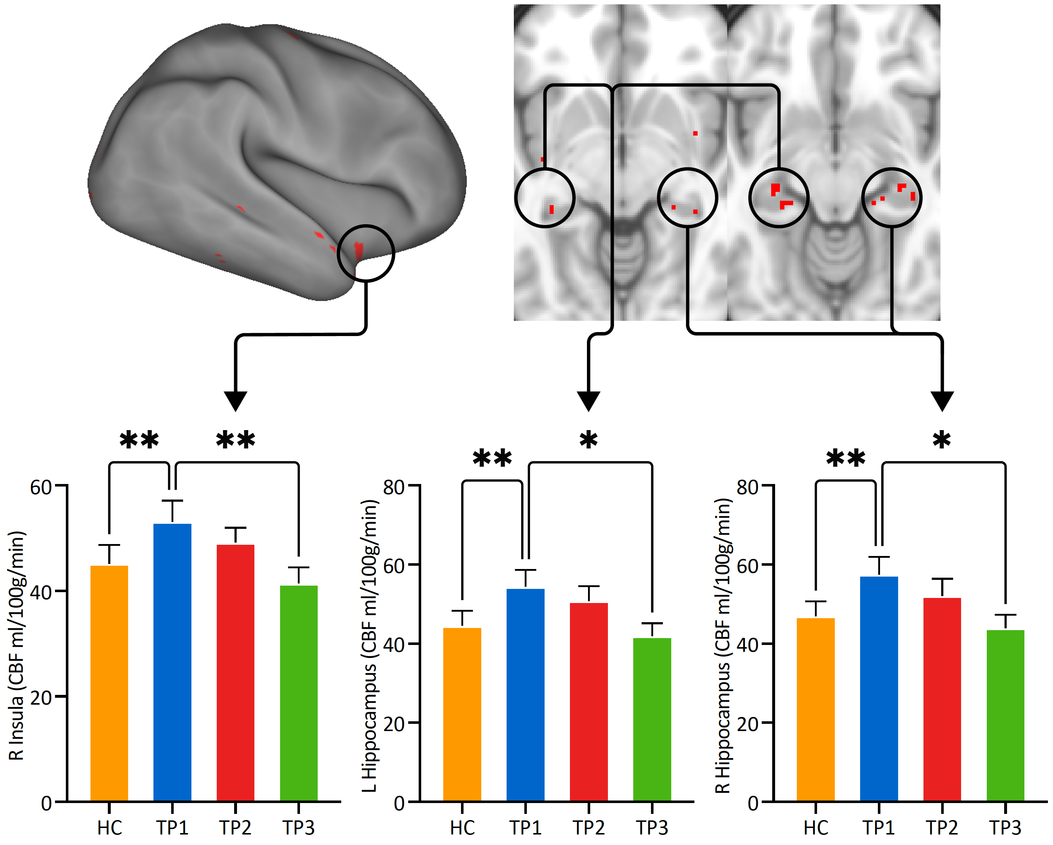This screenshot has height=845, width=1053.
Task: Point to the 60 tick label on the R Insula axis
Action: tap(41, 488)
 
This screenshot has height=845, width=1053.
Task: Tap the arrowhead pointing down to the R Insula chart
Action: tap(236, 400)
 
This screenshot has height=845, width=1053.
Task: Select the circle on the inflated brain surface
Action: tap(366, 253)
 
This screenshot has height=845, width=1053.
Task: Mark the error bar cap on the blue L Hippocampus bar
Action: tap(525, 570)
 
